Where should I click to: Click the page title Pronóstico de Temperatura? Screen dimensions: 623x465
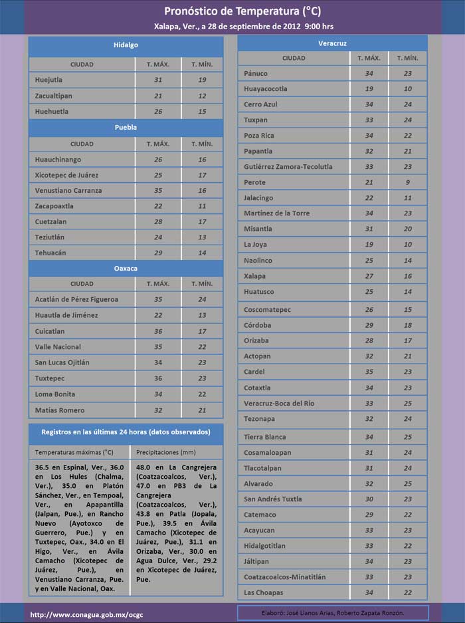click(x=232, y=11)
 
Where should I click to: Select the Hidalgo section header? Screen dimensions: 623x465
click(x=126, y=45)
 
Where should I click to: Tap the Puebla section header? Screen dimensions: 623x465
click(x=126, y=127)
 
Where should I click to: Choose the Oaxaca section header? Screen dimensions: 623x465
click(x=126, y=268)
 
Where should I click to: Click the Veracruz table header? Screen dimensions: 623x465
click(x=332, y=43)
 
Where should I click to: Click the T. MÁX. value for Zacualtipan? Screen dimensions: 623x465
click(x=158, y=96)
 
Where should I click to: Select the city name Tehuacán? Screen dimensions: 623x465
click(x=50, y=253)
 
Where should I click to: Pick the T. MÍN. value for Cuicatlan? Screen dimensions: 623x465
click(x=203, y=331)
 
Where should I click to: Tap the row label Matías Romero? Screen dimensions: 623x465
click(x=60, y=410)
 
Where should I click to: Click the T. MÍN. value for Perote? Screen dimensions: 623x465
click(x=407, y=182)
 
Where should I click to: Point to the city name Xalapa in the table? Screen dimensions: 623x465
click(x=254, y=276)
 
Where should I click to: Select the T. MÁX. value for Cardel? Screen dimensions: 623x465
click(x=369, y=372)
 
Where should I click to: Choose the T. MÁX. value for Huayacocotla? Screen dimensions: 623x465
click(x=369, y=88)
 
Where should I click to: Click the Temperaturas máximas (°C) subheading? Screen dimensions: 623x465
click(x=74, y=452)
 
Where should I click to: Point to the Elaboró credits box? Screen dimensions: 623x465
click(x=333, y=612)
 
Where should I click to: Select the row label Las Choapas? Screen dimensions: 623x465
click(x=264, y=592)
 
